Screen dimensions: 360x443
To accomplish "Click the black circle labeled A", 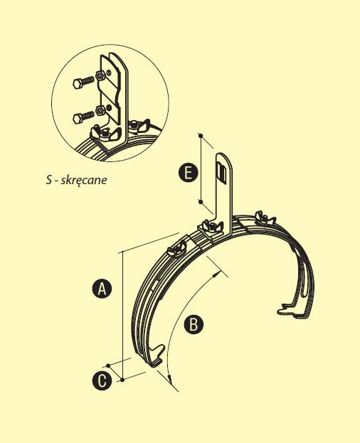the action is point(102,289).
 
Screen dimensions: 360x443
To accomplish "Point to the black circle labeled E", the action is point(188,173).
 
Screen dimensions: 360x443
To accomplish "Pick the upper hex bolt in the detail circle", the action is point(83,82).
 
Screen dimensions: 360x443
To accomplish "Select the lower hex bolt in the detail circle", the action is point(83,117).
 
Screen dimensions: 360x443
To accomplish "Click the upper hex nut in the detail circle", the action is point(100,75).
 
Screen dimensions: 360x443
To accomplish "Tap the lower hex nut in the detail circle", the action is point(100,110).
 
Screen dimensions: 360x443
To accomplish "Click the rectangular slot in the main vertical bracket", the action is point(221,171).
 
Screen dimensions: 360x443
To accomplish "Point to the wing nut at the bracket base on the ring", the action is point(211,227).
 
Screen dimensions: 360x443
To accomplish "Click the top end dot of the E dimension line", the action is point(201,136).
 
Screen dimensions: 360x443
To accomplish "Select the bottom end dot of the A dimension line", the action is point(122,380).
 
